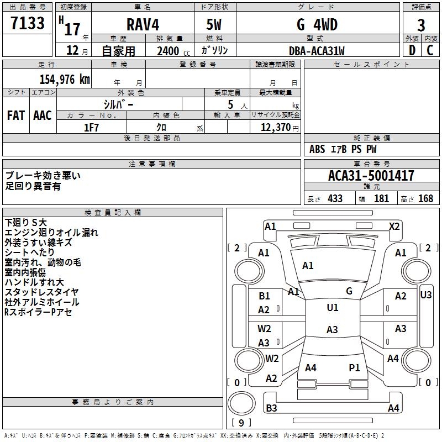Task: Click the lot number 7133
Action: pyautogui.click(x=28, y=24)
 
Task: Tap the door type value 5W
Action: pyautogui.click(x=214, y=25)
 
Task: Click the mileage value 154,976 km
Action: pyautogui.click(x=65, y=80)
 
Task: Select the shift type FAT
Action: pyautogui.click(x=15, y=115)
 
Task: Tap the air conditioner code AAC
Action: pyautogui.click(x=42, y=115)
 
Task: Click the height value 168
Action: pyautogui.click(x=425, y=198)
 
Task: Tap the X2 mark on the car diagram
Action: pyautogui.click(x=394, y=226)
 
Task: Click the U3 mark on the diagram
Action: pyautogui.click(x=425, y=295)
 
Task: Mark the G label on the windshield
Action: pyautogui.click(x=349, y=291)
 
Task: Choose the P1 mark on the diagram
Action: pyautogui.click(x=354, y=367)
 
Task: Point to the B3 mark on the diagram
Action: pyautogui.click(x=271, y=408)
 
